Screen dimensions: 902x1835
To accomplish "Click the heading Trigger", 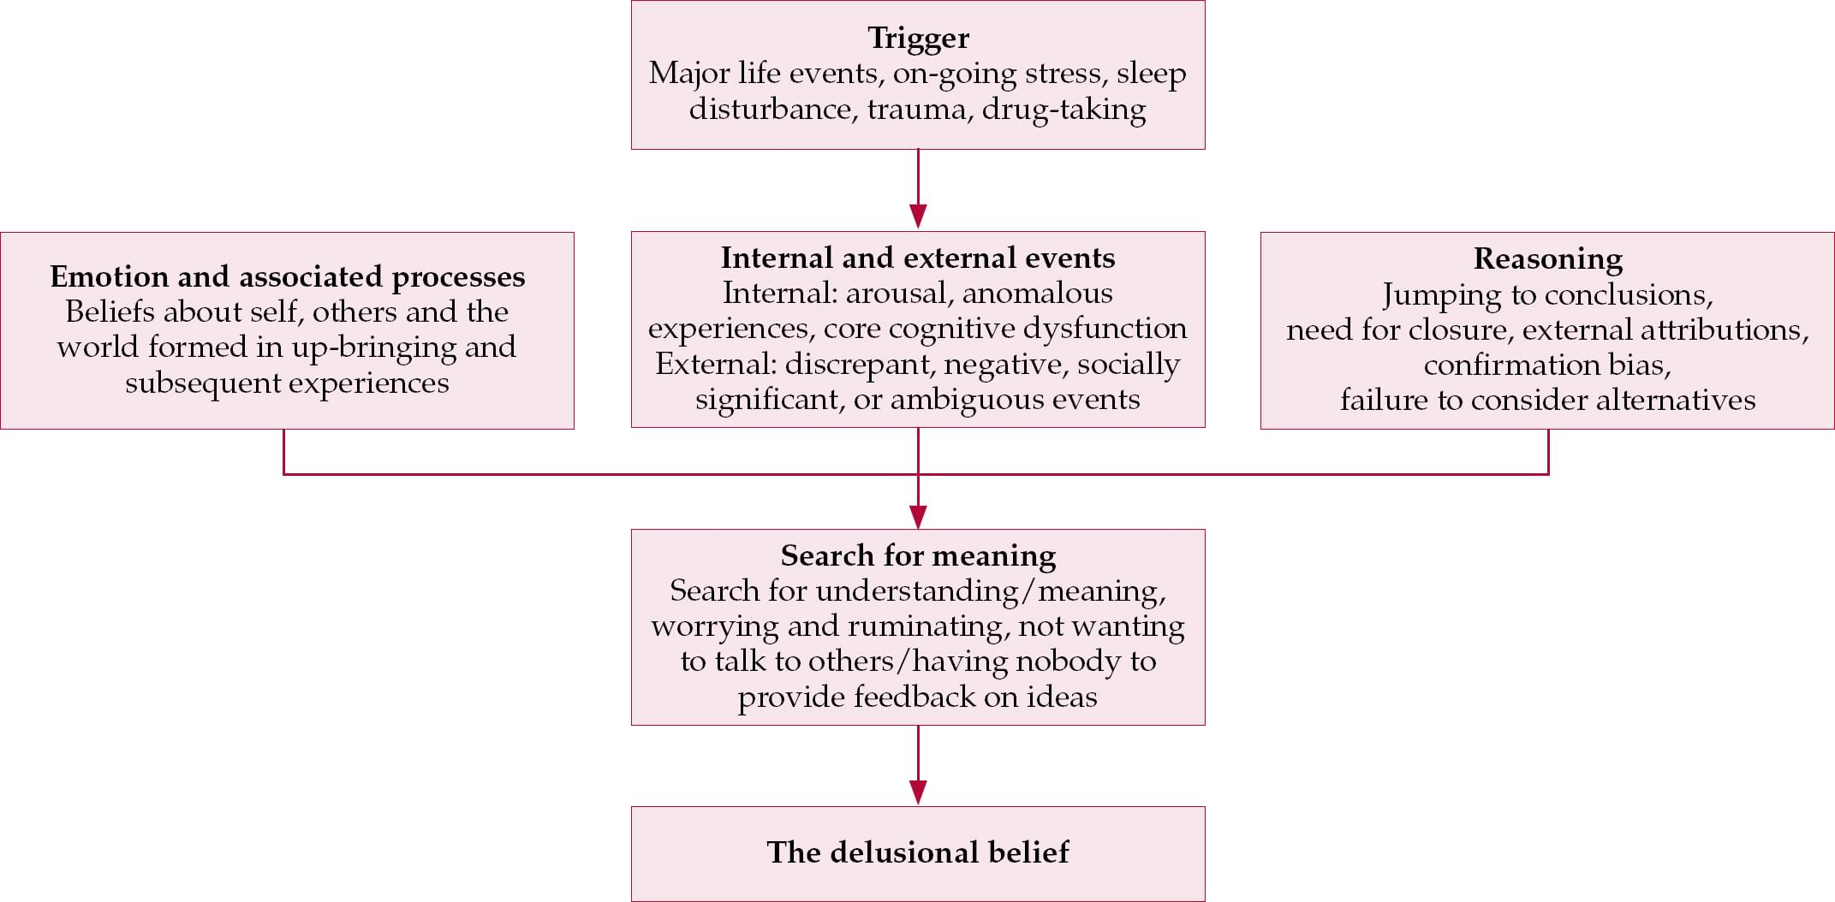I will coord(918,38).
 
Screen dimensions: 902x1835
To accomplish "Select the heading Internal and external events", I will coord(918,258).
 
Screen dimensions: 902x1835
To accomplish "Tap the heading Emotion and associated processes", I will coord(287,276).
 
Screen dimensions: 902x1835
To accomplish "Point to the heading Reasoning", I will coord(1547,258).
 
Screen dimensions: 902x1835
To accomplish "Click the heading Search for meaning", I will coord(918,555).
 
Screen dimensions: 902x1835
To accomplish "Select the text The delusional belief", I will coord(918,852).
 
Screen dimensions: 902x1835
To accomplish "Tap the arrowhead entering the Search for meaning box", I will coord(918,516).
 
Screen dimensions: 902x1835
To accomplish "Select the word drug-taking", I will coord(1063,110).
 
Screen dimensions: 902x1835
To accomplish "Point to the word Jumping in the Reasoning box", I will coord(1441,295).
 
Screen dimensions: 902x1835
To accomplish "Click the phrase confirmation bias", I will coord(1547,365).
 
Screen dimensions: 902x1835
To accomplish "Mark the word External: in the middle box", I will coord(715,365).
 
